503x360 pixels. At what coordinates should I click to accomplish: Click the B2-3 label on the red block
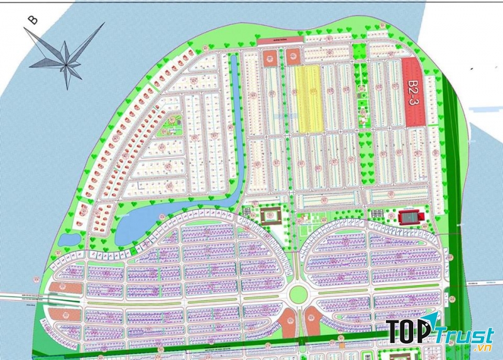413,93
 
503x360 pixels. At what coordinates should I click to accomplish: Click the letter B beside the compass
33,20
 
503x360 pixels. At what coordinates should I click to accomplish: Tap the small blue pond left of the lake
74,239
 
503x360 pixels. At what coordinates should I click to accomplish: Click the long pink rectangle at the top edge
280,40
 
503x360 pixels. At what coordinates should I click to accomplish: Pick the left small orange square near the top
270,59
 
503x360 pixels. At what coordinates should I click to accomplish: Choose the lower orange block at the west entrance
70,315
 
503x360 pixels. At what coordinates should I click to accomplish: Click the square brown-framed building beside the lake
270,216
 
